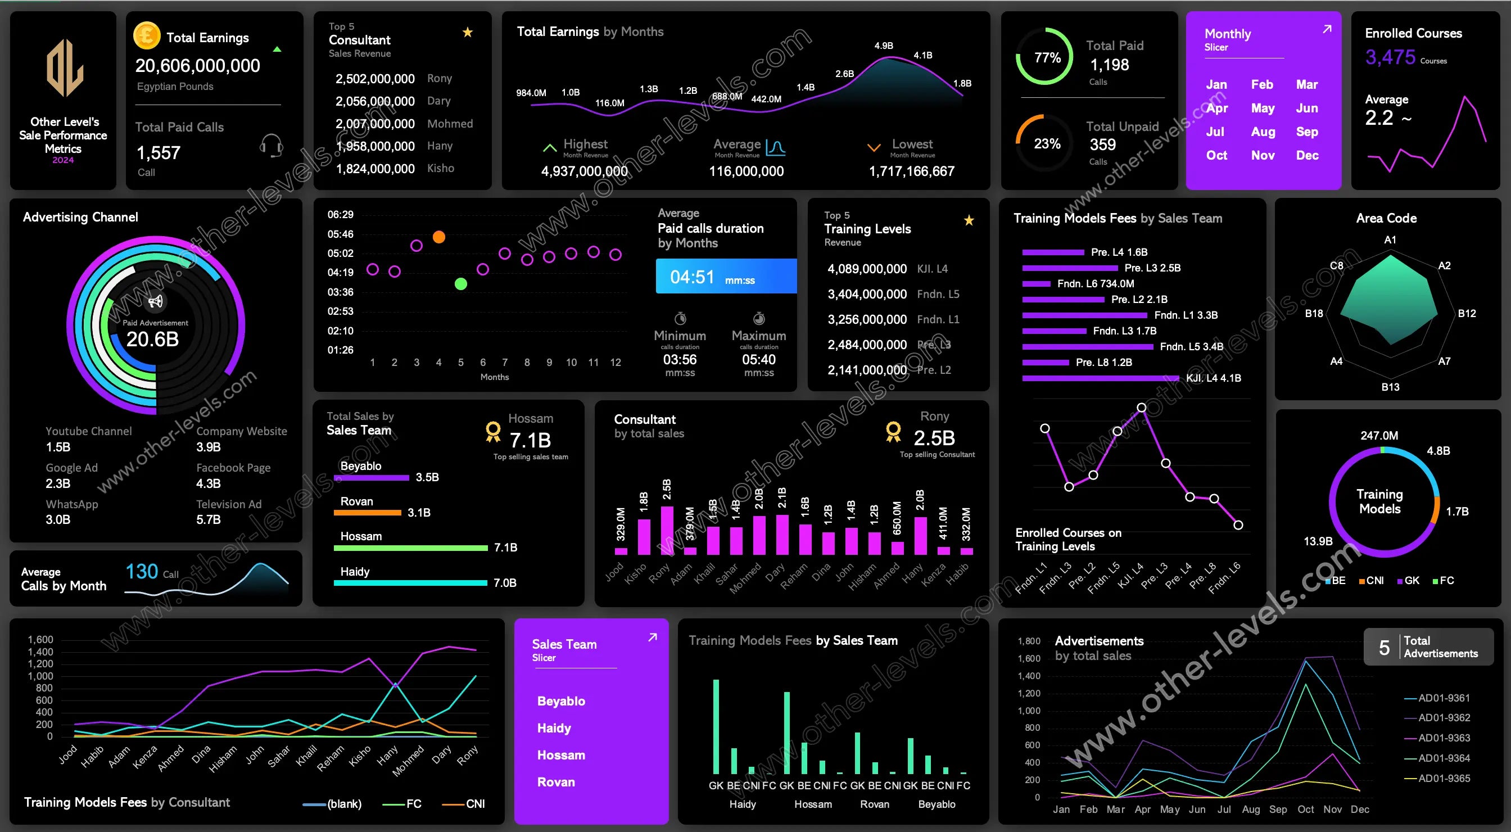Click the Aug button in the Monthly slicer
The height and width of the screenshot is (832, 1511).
(x=1263, y=132)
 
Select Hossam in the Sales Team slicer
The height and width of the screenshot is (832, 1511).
(x=561, y=755)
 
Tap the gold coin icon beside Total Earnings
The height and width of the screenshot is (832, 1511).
(x=147, y=35)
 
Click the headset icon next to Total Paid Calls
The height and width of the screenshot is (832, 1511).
(x=271, y=145)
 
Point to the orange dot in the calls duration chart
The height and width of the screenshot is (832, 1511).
(x=439, y=237)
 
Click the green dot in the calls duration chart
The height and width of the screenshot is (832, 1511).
(x=461, y=284)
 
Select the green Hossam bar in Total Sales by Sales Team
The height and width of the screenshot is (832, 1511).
(x=410, y=548)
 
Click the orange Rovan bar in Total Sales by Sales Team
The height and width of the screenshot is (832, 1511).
(x=367, y=513)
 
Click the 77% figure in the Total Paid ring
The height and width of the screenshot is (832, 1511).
(x=1047, y=57)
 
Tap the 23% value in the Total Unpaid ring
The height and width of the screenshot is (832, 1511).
(x=1047, y=144)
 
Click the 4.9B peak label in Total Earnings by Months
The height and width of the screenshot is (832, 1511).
(x=883, y=46)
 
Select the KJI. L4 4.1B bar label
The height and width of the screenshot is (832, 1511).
(x=1213, y=378)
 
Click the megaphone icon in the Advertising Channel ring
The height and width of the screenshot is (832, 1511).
(x=156, y=301)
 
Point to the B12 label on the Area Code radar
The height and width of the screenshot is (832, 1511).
(x=1467, y=313)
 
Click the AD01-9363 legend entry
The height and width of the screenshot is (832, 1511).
(x=1444, y=738)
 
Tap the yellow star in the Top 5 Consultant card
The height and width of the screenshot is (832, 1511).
(x=468, y=32)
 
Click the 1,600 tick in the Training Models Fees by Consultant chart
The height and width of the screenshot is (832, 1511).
(x=40, y=640)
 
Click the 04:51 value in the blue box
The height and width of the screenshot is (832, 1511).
(x=692, y=277)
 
